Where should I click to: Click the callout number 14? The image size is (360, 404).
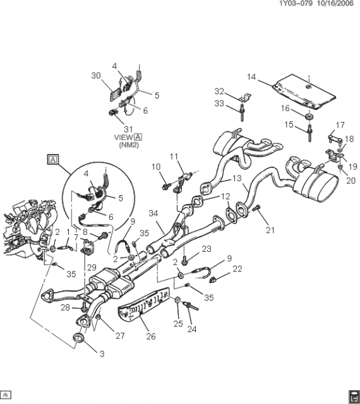[251, 77]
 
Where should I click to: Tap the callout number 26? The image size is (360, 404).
[151, 336]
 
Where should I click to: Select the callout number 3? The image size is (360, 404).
[102, 353]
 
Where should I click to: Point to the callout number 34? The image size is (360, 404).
[153, 213]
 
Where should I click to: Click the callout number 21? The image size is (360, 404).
[270, 230]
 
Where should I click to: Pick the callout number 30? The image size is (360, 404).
[96, 76]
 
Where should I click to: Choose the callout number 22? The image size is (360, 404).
[237, 269]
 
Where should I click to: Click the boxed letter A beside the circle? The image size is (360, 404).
[53, 160]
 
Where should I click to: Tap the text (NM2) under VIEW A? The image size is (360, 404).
[129, 145]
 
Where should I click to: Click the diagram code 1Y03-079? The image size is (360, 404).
[296, 3]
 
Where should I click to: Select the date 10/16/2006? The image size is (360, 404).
[335, 3]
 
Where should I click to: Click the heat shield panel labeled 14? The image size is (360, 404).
[304, 92]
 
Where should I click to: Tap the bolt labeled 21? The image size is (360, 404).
[256, 208]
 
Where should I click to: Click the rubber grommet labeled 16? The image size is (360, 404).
[309, 116]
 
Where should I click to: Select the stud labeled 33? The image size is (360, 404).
[243, 112]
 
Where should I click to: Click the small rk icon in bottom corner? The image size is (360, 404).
[6, 395]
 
